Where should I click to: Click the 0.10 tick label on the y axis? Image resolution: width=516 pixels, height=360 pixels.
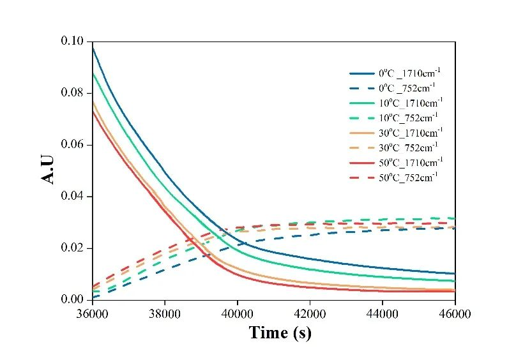point(72,41)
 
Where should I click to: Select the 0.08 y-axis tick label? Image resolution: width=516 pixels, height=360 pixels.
point(72,93)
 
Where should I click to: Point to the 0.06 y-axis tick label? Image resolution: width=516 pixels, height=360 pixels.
point(72,145)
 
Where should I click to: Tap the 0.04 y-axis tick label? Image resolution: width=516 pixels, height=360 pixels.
point(72,197)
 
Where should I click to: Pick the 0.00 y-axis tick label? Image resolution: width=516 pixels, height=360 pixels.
point(72,300)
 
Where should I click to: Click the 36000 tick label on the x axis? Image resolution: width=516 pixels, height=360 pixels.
point(93,313)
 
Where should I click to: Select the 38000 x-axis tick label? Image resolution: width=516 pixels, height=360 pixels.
point(165,313)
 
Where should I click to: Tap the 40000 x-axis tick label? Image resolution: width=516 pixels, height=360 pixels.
point(237,313)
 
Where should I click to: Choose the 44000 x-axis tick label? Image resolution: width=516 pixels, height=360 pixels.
point(382,313)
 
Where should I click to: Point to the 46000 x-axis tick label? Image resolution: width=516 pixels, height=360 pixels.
point(454,313)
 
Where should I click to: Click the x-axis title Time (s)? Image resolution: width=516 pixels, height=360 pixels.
point(280,333)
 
